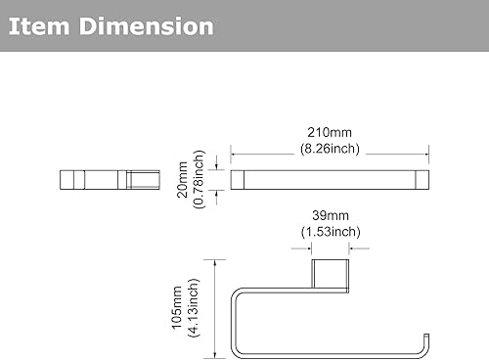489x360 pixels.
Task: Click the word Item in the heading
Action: pyautogui.click(x=39, y=26)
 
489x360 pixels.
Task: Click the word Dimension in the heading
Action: pyautogui.click(x=147, y=26)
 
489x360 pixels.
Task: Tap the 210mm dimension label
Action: pyautogui.click(x=330, y=132)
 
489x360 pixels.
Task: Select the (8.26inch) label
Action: pyautogui.click(x=330, y=149)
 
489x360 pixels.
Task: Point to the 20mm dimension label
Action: pyautogui.click(x=182, y=180)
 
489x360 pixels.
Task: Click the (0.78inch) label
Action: pyautogui.click(x=199, y=180)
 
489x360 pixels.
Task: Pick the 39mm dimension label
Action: pyautogui.click(x=331, y=215)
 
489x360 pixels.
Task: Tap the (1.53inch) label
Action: pyautogui.click(x=331, y=232)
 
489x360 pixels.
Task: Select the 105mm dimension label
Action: pyautogui.click(x=176, y=308)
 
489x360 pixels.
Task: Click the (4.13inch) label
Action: pyautogui.click(x=193, y=308)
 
